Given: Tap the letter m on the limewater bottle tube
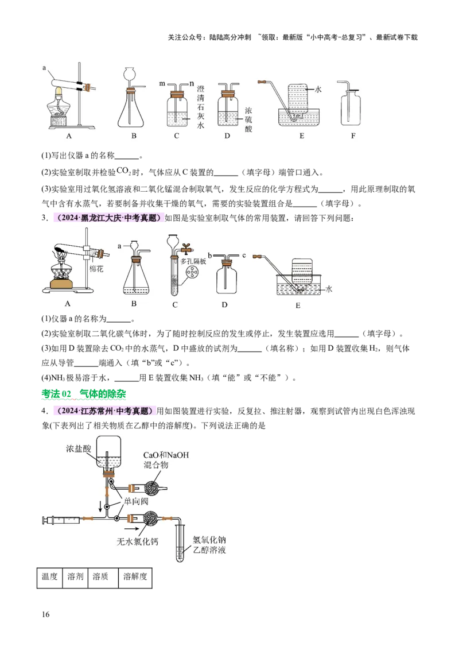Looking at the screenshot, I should [x=162, y=84].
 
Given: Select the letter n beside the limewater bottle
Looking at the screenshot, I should [x=192, y=84].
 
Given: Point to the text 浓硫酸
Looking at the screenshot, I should [x=248, y=119].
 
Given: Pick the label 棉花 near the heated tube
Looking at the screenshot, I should [x=96, y=269].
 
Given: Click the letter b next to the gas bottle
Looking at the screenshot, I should [x=210, y=254].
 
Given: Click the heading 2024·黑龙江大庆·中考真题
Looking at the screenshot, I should [x=107, y=218].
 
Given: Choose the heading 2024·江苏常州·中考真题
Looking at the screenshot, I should [x=104, y=411].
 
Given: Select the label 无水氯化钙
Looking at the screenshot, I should [x=137, y=541].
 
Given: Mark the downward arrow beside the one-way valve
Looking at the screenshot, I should [x=102, y=507].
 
